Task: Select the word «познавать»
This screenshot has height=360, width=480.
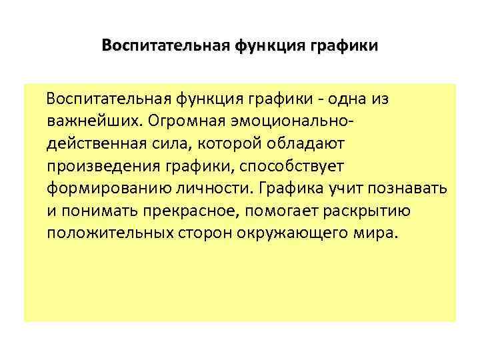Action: [413, 189]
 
